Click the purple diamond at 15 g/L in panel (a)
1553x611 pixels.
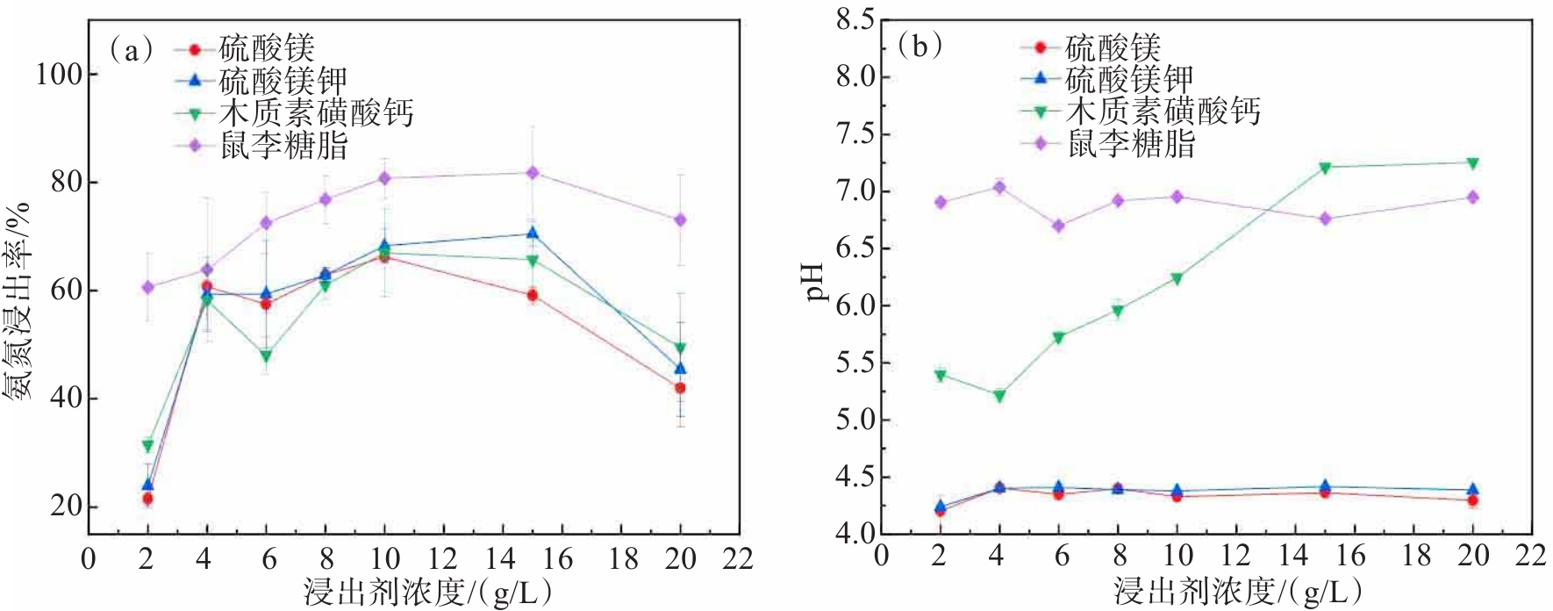532,173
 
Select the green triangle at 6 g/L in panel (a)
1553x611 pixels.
266,356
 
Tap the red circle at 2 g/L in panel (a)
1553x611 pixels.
147,499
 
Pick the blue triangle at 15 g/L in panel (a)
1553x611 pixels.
532,233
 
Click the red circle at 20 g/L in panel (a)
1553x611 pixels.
680,388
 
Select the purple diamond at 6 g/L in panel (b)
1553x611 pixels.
1059,226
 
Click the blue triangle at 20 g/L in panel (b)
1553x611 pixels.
1473,489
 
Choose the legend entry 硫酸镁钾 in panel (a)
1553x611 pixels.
283,81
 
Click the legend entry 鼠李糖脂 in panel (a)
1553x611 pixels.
283,145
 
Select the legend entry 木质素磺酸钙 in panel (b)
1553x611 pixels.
1163,111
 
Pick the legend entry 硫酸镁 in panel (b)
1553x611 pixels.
1113,47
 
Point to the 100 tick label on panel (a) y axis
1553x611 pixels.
59,74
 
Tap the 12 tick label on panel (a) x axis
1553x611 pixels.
443,558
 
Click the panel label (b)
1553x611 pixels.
920,45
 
